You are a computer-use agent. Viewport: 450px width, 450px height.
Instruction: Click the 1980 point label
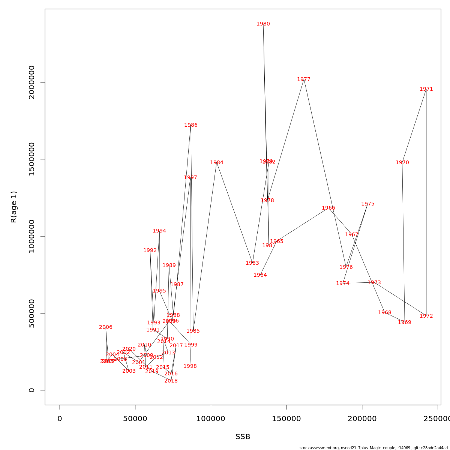point(263,24)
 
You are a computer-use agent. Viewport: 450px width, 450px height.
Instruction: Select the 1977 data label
point(304,79)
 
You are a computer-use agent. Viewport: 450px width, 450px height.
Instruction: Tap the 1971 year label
point(426,89)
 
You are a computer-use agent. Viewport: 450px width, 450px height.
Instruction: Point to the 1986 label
point(191,125)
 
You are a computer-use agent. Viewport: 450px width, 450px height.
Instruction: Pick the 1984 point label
point(217,163)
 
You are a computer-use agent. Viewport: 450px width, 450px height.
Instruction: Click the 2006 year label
point(106,327)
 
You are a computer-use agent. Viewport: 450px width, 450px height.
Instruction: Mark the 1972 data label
point(426,316)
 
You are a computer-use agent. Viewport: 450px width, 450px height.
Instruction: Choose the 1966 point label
point(328,208)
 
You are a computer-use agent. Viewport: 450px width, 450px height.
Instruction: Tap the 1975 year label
point(368,204)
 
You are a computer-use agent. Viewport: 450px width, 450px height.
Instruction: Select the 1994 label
point(159,231)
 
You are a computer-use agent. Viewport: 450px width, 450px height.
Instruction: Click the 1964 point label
point(260,275)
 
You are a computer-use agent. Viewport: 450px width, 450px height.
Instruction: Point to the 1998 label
point(190,366)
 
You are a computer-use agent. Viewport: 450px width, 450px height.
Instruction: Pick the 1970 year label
point(402,163)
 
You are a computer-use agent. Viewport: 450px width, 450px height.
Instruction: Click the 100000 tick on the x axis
point(211,419)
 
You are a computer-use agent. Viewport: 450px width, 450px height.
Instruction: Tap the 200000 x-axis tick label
point(362,419)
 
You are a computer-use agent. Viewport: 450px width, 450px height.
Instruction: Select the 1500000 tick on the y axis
point(32,159)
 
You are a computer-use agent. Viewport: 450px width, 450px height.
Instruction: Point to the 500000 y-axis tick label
point(32,313)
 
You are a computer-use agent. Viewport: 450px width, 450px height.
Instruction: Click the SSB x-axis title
point(243,437)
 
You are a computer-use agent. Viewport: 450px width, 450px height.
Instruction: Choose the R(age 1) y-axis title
point(14,207)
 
